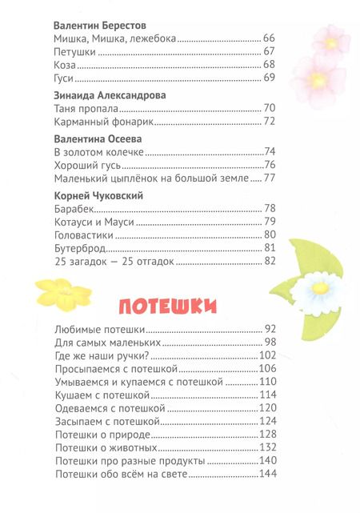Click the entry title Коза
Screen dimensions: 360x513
pyautogui.click(x=64, y=64)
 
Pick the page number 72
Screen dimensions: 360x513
pyautogui.click(x=270, y=122)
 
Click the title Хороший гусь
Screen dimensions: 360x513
pyautogui.click(x=86, y=165)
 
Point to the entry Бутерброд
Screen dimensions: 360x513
pyautogui.click(x=79, y=248)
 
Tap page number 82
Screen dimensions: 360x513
pyautogui.click(x=270, y=262)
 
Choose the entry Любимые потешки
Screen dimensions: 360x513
pyautogui.click(x=100, y=329)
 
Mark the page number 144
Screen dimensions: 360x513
pyautogui.click(x=266, y=475)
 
